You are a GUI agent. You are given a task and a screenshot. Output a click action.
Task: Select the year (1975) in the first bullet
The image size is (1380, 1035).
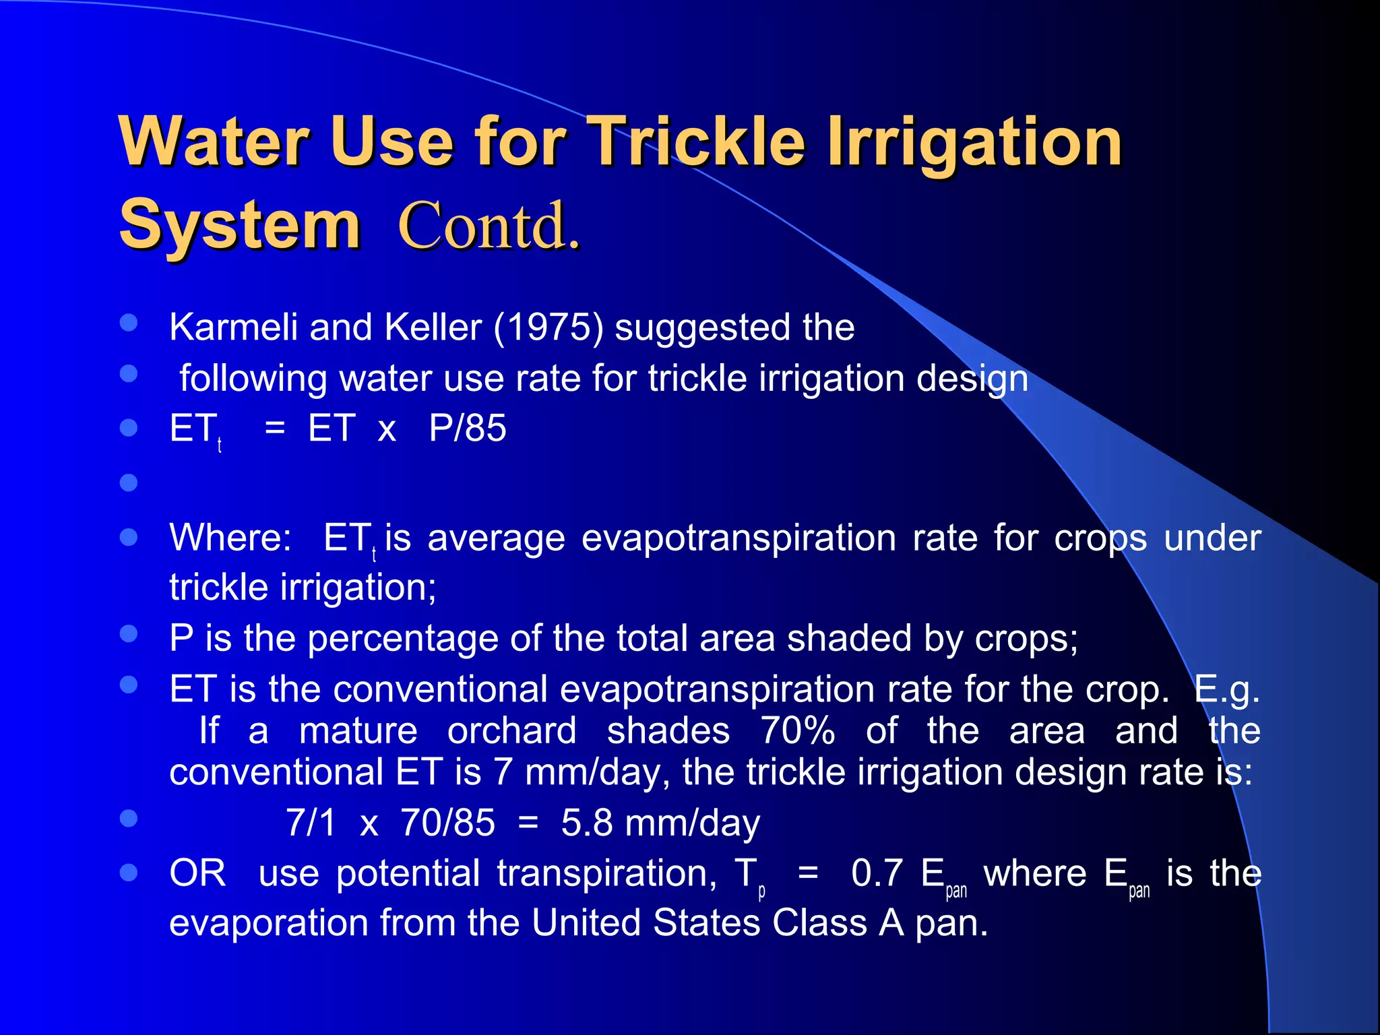(x=548, y=327)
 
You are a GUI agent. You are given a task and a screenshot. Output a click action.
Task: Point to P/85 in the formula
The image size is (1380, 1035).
(x=468, y=429)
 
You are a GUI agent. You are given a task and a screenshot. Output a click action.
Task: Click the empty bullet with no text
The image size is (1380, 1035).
(x=129, y=482)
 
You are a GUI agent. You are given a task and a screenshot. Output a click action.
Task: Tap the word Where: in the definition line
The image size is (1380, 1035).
(x=230, y=538)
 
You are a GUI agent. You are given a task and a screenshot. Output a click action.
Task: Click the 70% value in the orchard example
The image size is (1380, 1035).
(x=798, y=731)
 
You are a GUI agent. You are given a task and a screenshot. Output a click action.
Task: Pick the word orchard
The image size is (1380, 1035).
(x=512, y=731)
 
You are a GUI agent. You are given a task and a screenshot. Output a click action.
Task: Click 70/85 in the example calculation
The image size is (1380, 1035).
(x=448, y=823)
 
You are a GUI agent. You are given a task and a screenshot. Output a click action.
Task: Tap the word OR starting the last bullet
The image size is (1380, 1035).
(x=197, y=874)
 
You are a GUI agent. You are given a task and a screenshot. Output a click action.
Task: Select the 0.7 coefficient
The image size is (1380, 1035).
(x=877, y=874)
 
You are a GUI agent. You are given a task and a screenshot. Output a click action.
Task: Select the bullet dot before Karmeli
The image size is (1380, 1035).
(x=129, y=322)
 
